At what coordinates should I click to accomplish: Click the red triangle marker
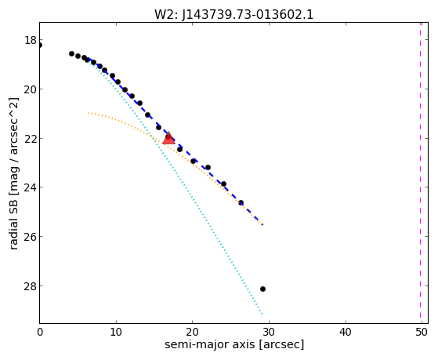point(168,138)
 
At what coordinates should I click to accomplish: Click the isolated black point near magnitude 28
point(262,289)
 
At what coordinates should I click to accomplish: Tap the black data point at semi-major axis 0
point(40,45)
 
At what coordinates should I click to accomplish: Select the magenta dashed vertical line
point(420,173)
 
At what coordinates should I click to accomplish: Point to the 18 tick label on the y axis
point(31,40)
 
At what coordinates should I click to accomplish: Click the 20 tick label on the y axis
point(31,89)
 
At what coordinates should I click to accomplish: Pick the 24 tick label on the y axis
point(31,187)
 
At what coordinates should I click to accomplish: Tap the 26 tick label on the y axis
point(31,236)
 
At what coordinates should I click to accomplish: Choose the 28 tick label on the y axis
point(31,285)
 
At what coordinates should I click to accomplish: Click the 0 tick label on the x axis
point(40,332)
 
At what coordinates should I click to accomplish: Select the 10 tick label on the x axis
point(116,332)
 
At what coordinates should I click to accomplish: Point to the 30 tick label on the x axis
point(269,332)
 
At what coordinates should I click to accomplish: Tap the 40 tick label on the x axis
point(346,332)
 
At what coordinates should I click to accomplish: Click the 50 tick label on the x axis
point(422,332)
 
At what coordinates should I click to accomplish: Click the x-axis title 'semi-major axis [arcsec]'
point(234,344)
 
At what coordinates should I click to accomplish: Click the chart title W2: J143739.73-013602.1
point(233,15)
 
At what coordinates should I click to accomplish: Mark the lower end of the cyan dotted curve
point(262,314)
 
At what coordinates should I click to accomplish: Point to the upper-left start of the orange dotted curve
point(89,113)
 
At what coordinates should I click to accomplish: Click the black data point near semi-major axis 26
point(241,203)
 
